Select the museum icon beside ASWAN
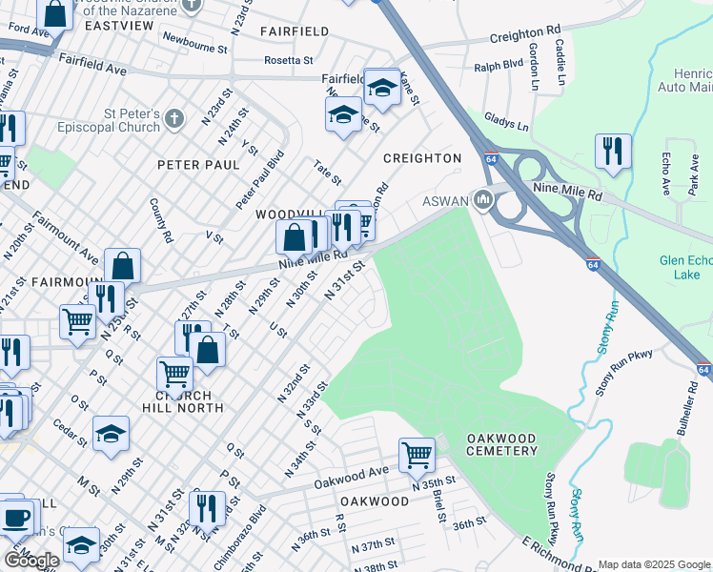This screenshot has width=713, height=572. (482, 200)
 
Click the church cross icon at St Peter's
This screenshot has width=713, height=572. (173, 119)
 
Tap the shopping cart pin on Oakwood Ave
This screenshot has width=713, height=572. (417, 455)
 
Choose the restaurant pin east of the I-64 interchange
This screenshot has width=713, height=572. (612, 151)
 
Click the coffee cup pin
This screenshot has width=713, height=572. (14, 518)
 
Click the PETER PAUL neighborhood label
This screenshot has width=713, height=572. (198, 165)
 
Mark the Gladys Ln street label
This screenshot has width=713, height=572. (507, 124)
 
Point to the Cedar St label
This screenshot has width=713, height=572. (71, 431)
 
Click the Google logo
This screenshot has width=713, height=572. (31, 561)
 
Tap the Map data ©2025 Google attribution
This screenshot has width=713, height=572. (654, 564)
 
